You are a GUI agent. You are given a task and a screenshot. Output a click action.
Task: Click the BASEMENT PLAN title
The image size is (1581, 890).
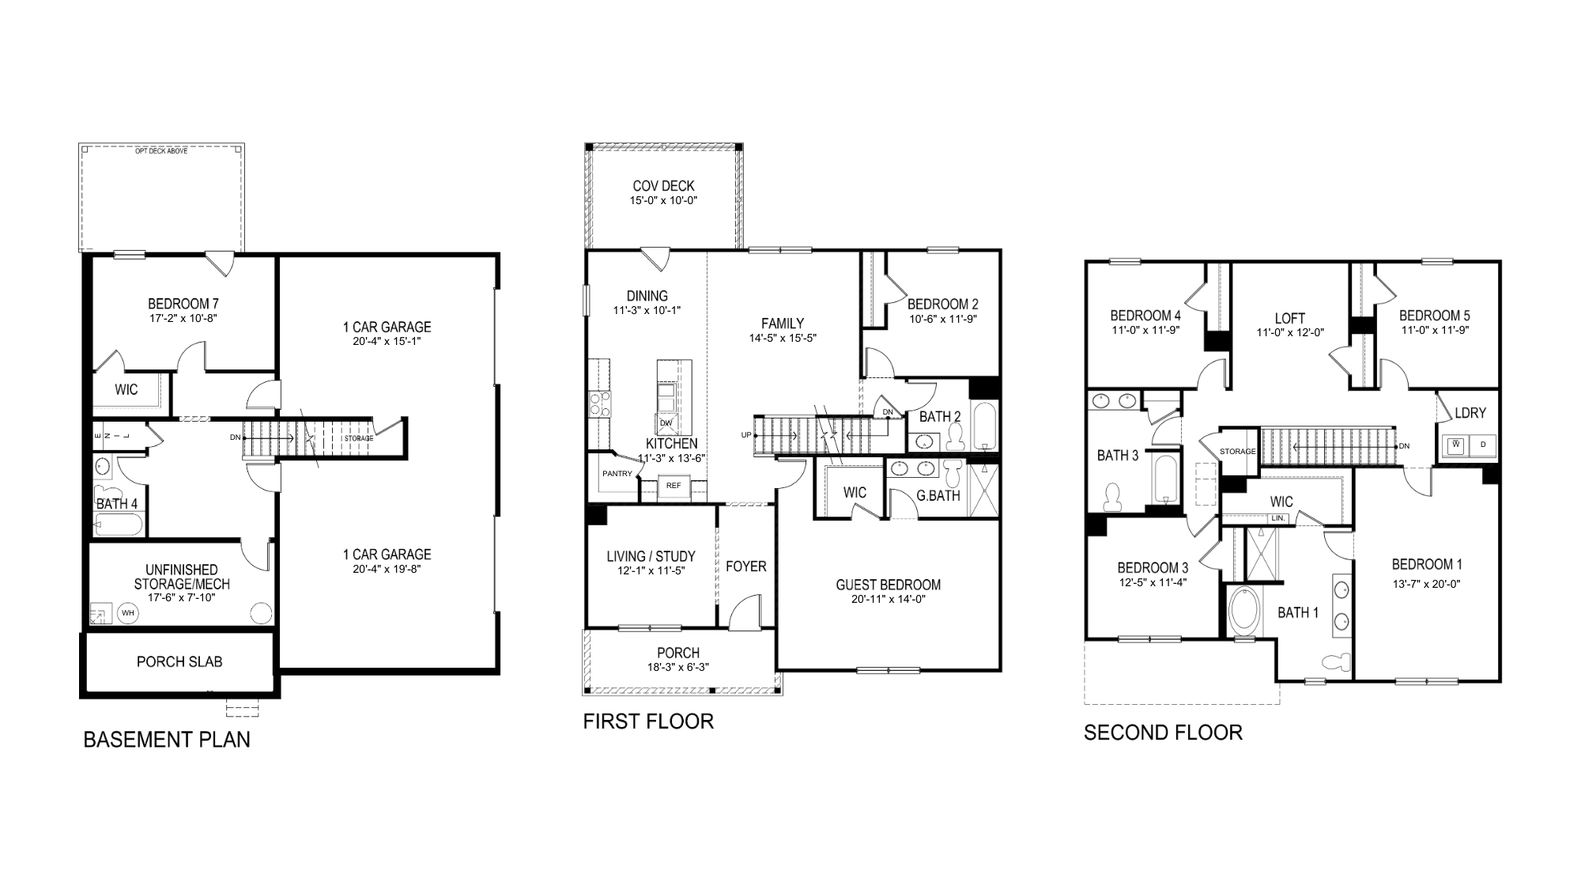[x=167, y=740]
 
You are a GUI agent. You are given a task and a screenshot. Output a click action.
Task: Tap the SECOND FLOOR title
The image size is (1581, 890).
[x=1163, y=733]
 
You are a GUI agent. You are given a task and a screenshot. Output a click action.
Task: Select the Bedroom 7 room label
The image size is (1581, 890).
[x=183, y=304]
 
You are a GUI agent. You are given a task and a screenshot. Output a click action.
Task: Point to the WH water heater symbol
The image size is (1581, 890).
[x=128, y=612]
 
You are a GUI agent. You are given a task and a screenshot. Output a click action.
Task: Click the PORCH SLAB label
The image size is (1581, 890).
[x=179, y=661]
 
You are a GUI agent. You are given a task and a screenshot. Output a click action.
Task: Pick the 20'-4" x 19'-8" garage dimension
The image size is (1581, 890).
[x=387, y=568]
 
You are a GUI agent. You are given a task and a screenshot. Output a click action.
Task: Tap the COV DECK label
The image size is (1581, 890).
[x=663, y=186]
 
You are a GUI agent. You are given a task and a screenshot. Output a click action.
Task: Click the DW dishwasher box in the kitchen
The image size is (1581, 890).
[x=666, y=423]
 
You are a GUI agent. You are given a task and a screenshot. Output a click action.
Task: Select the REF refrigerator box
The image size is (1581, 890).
[x=674, y=486]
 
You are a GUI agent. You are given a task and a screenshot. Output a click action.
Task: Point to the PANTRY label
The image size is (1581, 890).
[x=617, y=474]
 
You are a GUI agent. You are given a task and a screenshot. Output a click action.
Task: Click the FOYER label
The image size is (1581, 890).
[x=745, y=566]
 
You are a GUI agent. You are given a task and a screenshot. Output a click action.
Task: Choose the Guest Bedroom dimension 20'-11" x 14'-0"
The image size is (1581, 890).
[x=889, y=599]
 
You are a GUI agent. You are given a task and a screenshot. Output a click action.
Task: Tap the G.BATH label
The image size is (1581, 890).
[x=938, y=496]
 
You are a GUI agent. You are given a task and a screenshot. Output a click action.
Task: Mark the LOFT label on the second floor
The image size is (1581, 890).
[x=1290, y=318]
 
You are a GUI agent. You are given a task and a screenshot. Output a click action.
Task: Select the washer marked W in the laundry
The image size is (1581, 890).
[x=1455, y=445]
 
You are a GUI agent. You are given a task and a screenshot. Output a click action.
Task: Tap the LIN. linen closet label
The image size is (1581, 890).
[x=1278, y=518]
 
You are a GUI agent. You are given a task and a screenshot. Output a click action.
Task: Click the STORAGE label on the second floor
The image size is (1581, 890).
[x=1237, y=451]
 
